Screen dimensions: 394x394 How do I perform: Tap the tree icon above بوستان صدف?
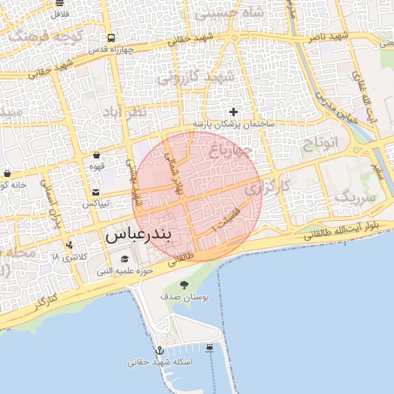coord(183,285)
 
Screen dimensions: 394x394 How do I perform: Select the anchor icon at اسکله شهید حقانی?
coord(161,350)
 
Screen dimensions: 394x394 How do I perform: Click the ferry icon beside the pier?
coord(211,348)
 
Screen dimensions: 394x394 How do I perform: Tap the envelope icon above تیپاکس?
coord(96,192)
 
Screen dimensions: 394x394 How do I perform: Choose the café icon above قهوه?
coord(96,155)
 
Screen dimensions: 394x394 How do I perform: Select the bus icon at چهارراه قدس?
coord(112,38)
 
